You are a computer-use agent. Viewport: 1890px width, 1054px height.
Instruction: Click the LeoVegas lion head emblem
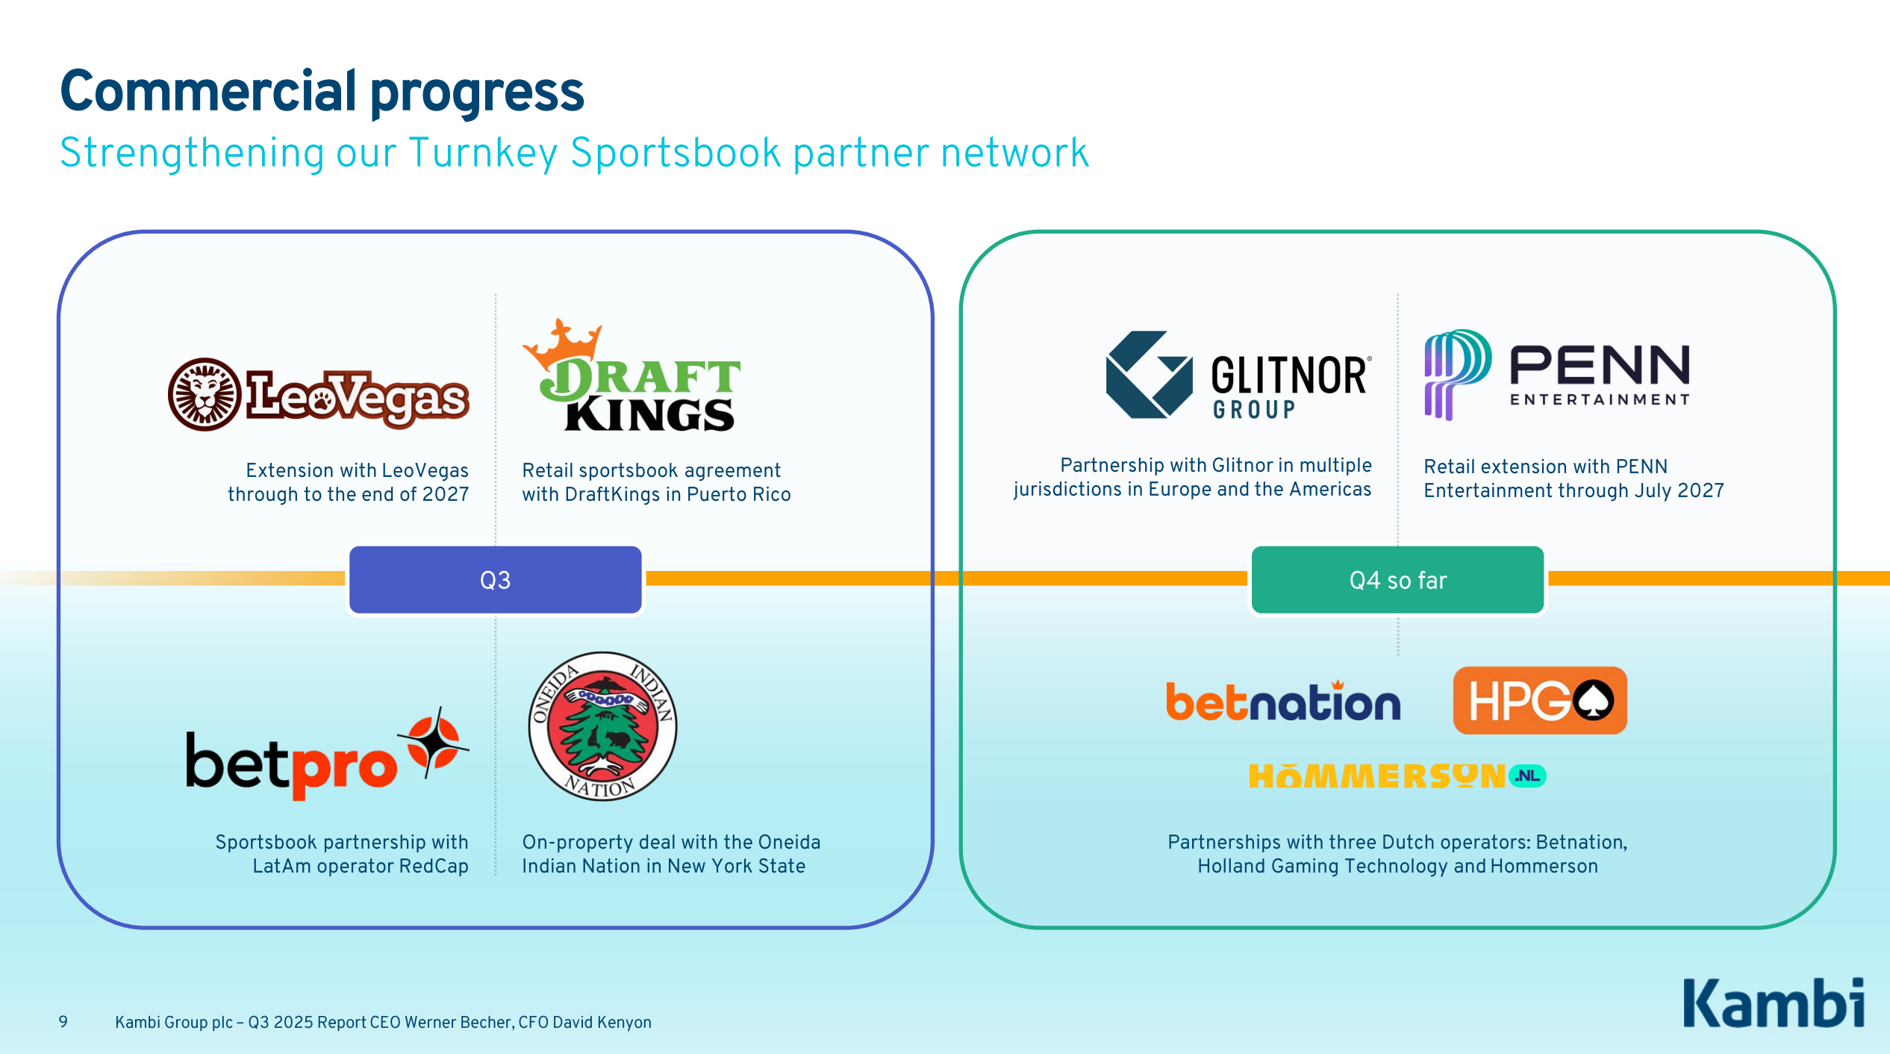pos(205,394)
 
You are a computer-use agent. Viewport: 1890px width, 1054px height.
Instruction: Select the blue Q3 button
pos(495,580)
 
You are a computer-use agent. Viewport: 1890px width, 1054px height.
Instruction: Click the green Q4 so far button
pos(1397,580)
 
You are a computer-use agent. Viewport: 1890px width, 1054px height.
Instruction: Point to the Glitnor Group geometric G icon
pos(1149,375)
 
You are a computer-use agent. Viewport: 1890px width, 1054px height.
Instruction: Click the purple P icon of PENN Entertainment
pos(1456,373)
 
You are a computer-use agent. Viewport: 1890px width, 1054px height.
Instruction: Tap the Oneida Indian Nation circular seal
pos(602,726)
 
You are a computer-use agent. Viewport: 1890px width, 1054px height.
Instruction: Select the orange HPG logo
pos(1539,701)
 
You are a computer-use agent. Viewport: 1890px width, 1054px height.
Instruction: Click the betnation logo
pos(1283,702)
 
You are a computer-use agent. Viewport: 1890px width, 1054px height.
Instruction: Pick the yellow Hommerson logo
pos(1376,777)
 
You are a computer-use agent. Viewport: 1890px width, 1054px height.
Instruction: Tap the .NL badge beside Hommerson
pos(1527,776)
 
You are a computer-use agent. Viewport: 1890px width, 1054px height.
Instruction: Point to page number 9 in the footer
pos(63,1021)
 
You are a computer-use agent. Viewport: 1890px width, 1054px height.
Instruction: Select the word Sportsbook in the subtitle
pos(676,154)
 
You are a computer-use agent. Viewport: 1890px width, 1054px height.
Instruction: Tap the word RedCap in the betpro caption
pos(434,866)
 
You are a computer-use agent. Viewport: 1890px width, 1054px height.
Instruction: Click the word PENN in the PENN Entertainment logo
pos(1600,365)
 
